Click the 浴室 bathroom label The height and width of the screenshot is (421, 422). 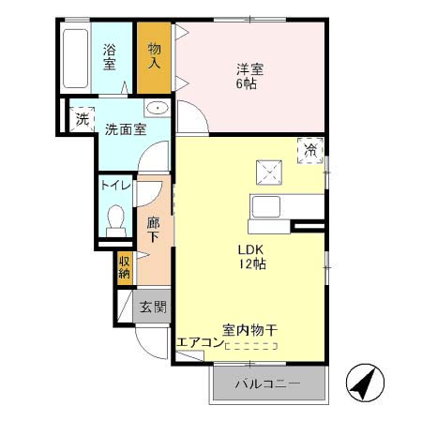click(110, 57)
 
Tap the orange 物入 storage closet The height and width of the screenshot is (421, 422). click(155, 57)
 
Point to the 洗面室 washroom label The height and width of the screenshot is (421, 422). click(124, 130)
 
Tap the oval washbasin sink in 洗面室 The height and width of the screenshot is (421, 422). click(160, 109)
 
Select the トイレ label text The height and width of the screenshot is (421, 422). click(117, 186)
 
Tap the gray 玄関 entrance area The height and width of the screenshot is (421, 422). click(153, 306)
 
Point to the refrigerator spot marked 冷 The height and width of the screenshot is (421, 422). click(310, 149)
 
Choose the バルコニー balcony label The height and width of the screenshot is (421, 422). click(266, 384)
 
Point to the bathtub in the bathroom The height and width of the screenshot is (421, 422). click(76, 57)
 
